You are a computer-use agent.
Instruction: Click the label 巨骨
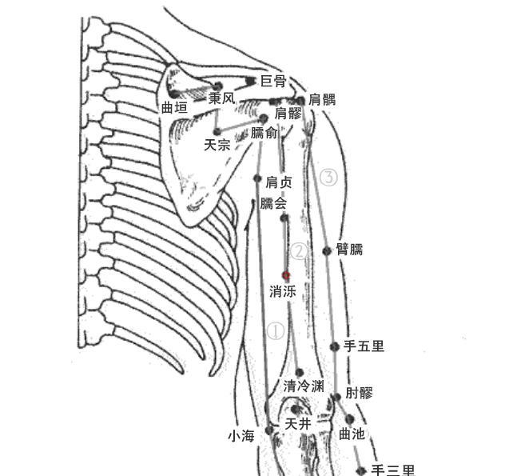pyautogui.click(x=274, y=82)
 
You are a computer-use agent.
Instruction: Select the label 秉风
pyautogui.click(x=221, y=98)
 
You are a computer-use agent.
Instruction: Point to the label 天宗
pyautogui.click(x=217, y=145)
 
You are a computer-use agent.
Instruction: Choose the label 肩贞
pyautogui.click(x=279, y=182)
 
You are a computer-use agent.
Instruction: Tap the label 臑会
pyautogui.click(x=273, y=203)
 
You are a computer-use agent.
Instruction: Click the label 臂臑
pyautogui.click(x=350, y=250)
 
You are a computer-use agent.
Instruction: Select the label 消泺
pyautogui.click(x=283, y=292)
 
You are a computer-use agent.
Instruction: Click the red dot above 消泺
pyautogui.click(x=286, y=275)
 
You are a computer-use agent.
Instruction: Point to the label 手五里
pyautogui.click(x=364, y=346)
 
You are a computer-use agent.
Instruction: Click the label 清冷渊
pyautogui.click(x=304, y=386)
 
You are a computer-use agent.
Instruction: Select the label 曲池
pyautogui.click(x=352, y=434)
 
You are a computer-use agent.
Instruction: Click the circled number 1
pyautogui.click(x=274, y=331)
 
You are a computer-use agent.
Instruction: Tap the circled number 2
pyautogui.click(x=298, y=252)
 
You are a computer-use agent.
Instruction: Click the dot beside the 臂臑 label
pyautogui.click(x=327, y=251)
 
